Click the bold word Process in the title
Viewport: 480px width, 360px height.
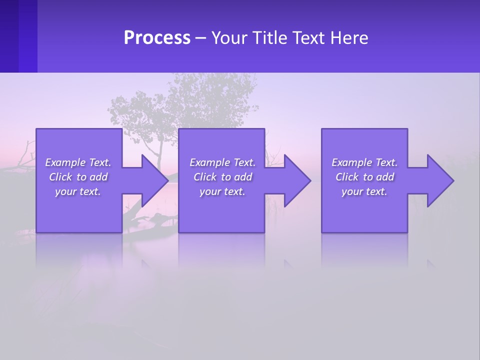157,38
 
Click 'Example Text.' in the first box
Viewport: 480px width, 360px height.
78,162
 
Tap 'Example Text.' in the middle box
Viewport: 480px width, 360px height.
222,162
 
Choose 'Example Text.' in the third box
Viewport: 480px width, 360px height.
364,162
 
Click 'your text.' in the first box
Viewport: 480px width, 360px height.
78,191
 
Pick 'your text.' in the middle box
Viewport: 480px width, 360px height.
222,191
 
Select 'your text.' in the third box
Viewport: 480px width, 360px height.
364,191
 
